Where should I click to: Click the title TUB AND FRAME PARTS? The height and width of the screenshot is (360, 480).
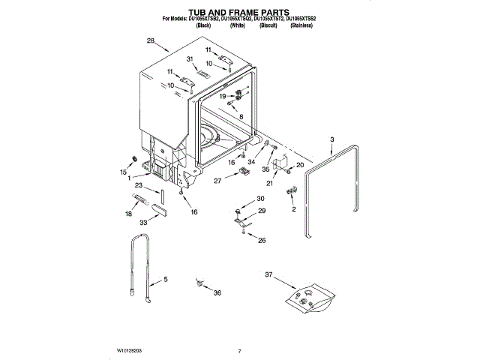coord(239,13)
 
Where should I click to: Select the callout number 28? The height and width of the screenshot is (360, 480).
coord(151,40)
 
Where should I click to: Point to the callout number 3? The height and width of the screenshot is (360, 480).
coord(331,139)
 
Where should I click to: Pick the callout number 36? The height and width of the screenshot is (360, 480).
coord(217,292)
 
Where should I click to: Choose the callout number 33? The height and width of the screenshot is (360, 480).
coord(143,223)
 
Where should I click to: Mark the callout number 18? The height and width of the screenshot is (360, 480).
coord(128,214)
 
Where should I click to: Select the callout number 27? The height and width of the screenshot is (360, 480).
coord(217,181)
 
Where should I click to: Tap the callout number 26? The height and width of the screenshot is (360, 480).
coord(262,240)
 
